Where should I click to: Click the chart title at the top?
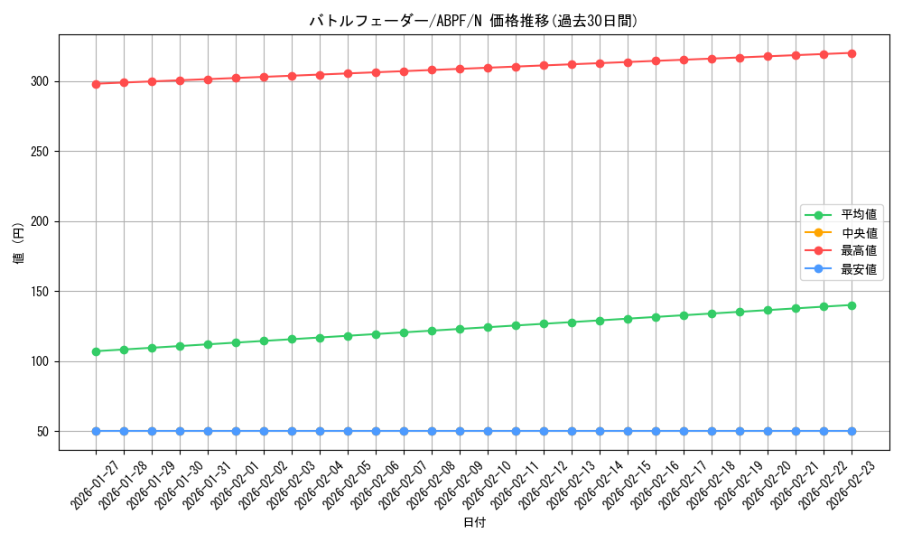[467, 21]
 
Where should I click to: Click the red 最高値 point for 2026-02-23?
[852, 53]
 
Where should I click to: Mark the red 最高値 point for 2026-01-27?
[96, 84]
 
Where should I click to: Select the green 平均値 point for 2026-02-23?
[852, 305]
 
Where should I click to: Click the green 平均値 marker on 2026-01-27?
[96, 351]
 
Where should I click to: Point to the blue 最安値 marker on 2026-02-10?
[488, 432]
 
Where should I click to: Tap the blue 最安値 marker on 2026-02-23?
[852, 432]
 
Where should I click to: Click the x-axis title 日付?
[474, 523]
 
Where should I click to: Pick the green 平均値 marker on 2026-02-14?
[600, 321]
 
